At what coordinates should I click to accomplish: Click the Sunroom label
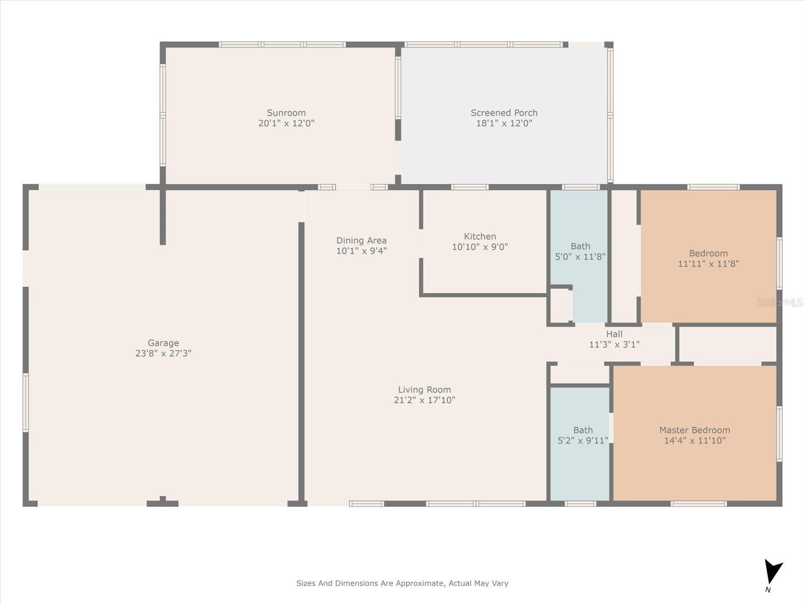tap(286, 113)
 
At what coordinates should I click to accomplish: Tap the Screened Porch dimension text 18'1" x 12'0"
tap(504, 123)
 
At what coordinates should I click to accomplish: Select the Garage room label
tap(163, 343)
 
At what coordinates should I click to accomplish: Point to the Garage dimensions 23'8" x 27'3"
tap(163, 353)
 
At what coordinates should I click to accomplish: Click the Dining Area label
tap(361, 241)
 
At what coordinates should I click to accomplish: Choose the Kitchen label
tap(479, 237)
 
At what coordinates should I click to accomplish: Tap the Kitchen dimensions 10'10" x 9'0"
tap(479, 247)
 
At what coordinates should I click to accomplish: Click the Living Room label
tap(424, 390)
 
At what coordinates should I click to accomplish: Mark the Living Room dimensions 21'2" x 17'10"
tap(424, 400)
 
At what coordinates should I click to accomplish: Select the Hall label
tap(614, 334)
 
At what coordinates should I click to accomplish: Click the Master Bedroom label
tap(695, 430)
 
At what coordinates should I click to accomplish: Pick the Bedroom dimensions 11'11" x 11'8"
tap(708, 264)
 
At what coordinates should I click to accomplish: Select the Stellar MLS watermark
tap(780, 303)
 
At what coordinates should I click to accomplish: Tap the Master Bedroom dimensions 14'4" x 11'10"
tap(695, 440)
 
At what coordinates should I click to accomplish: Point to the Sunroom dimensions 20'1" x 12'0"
tap(286, 123)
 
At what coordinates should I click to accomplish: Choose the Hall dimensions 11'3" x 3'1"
tap(614, 344)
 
